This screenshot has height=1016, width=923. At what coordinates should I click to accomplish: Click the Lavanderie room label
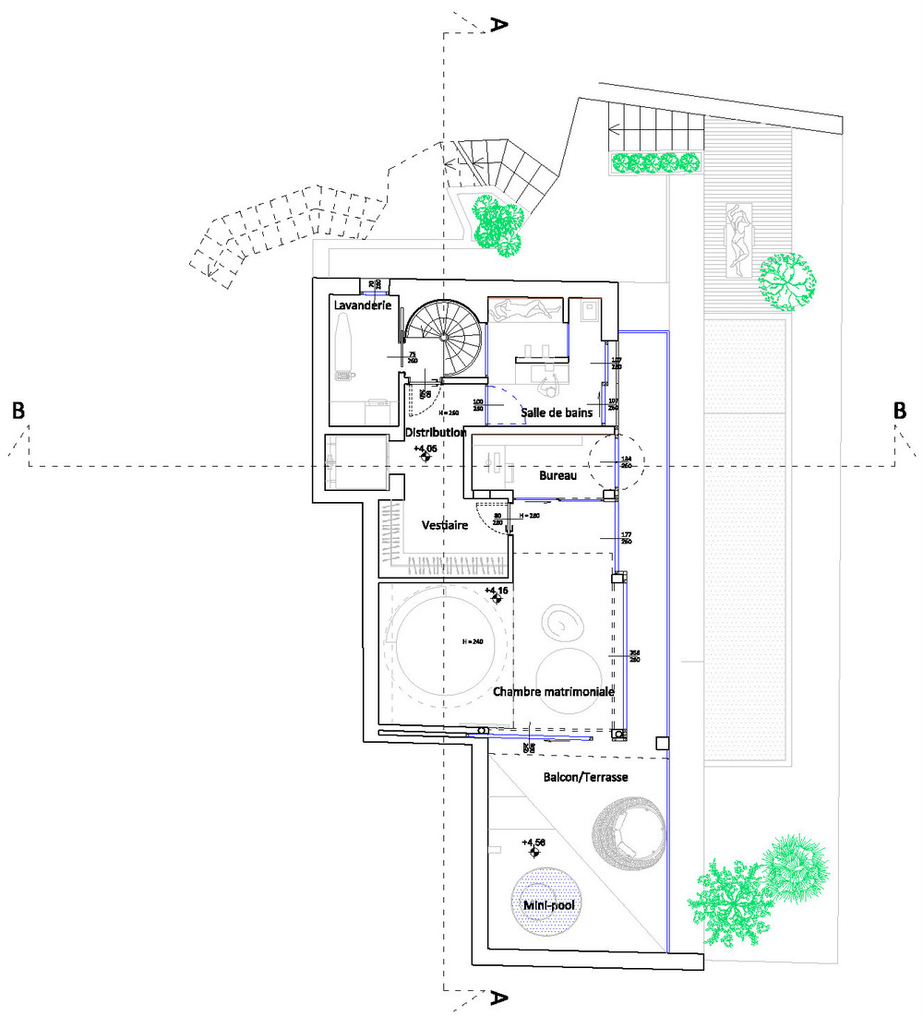[361, 305]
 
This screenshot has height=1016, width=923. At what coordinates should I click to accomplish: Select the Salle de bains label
[556, 412]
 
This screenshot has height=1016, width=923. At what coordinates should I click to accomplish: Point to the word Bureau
[557, 475]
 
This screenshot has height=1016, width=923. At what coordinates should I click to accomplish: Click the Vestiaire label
[444, 525]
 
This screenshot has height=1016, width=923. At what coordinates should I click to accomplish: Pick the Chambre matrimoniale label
[554, 691]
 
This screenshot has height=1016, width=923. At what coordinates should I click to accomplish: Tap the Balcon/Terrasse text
[586, 778]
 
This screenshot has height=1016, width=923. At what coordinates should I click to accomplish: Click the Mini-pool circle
[548, 904]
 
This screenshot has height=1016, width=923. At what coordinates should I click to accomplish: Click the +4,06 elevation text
[425, 448]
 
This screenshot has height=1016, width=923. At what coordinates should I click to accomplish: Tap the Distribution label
[434, 432]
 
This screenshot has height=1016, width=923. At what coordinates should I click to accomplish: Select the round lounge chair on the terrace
[628, 834]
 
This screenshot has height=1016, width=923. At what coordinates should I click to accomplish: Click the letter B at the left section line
[18, 412]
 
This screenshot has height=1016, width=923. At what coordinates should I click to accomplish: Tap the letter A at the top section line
[498, 24]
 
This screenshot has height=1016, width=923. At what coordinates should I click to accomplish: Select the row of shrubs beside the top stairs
[655, 163]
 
